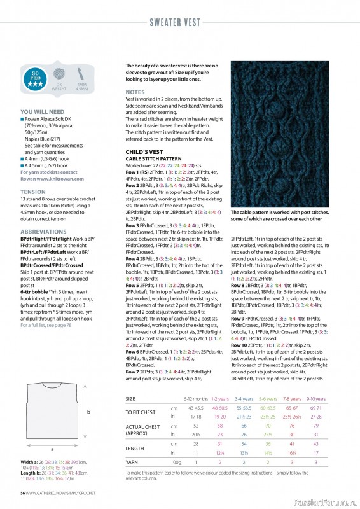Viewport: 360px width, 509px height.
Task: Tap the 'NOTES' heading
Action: pos(135,92)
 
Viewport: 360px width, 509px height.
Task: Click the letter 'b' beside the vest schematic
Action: pos(89,413)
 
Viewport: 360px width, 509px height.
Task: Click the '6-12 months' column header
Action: pos(195,399)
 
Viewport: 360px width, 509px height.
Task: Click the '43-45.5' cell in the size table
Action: pos(195,408)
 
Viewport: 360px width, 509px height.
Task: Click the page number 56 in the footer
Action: pos(22,493)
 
